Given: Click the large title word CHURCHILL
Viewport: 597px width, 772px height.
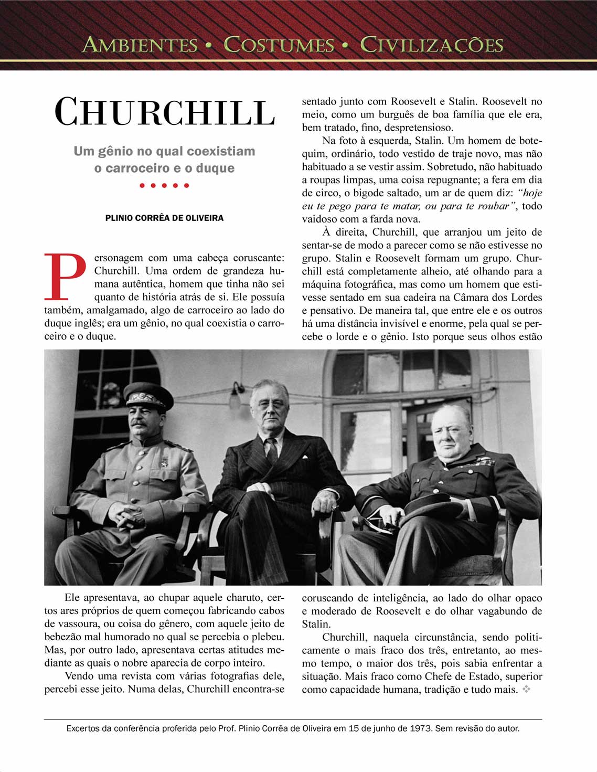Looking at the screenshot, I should pos(165,112).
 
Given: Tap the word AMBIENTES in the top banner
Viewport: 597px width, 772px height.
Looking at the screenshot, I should pos(140,45).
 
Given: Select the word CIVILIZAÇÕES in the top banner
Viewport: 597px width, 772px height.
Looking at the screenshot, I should pos(432,45).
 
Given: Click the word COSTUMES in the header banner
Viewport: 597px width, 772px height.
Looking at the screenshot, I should pos(279,45).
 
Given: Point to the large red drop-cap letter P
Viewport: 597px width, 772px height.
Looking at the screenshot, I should pos(65,276).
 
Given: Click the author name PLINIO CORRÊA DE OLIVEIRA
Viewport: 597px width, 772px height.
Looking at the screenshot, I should pos(164,218).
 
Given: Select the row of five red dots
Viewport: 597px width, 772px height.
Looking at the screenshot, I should pos(164,185).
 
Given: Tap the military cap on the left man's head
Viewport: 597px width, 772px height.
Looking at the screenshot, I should pos(148,395).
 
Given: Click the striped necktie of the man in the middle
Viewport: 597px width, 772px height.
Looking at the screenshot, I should pos(272,450).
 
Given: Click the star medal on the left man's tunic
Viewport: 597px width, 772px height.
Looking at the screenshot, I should pos(164,463).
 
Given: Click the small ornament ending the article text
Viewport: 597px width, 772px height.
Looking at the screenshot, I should pos(526,689).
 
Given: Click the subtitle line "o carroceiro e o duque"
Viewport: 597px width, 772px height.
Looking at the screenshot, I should pos(164,168).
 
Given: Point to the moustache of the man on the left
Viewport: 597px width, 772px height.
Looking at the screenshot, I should pos(138,422).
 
